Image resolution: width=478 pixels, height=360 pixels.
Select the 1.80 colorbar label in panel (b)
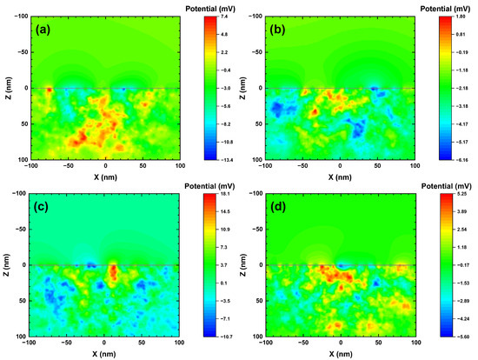[462, 17]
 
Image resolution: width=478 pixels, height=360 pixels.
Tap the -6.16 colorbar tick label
[462, 160]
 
